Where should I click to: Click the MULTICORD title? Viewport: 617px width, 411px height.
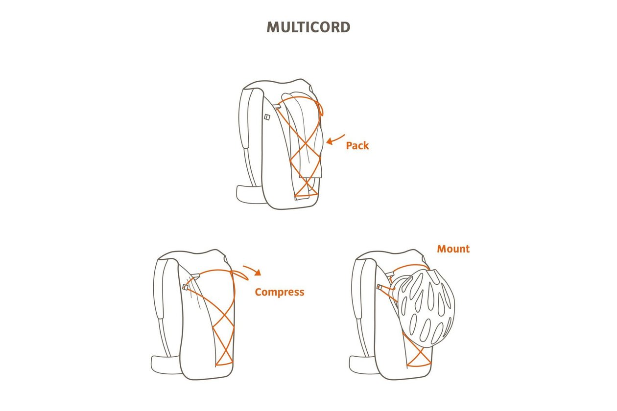(x=308, y=27)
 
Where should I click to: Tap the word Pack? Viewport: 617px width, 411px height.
(x=357, y=146)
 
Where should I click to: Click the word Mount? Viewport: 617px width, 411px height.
(x=453, y=249)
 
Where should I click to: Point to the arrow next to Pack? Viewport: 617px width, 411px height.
(x=335, y=139)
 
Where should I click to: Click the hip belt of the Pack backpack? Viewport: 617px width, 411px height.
(x=249, y=194)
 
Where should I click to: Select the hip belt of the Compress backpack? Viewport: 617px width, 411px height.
(x=166, y=365)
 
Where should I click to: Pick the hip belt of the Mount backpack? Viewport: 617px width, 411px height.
(x=363, y=365)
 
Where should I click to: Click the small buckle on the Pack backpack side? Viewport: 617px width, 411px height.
(x=267, y=117)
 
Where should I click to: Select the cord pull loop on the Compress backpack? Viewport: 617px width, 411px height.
(x=240, y=275)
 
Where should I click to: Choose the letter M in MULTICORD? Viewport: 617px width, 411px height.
(x=273, y=27)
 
